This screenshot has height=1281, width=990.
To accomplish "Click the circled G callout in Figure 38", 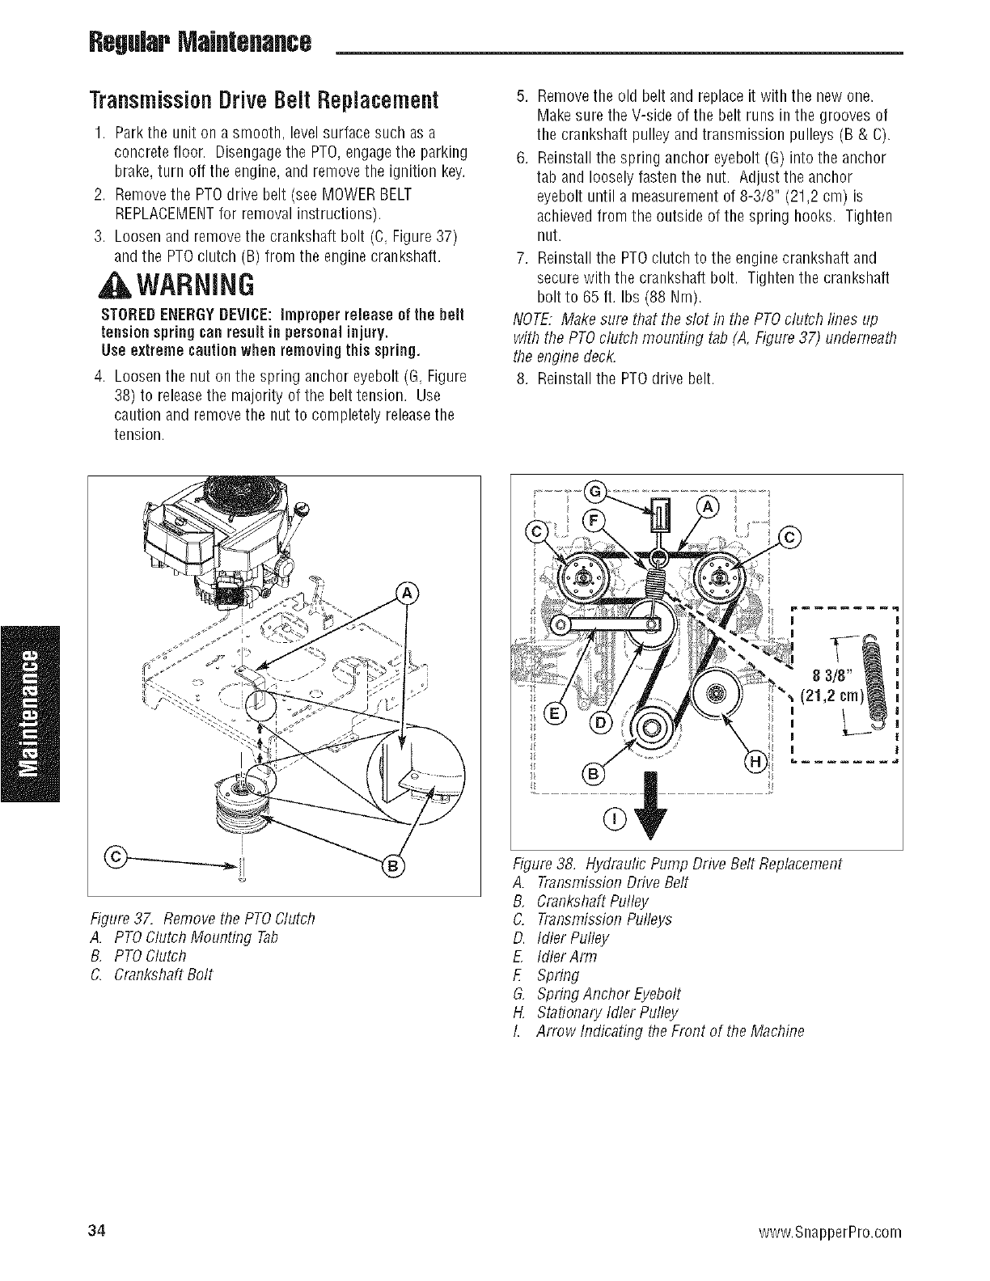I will point(595,492).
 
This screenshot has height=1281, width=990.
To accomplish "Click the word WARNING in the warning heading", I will point(197,285).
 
